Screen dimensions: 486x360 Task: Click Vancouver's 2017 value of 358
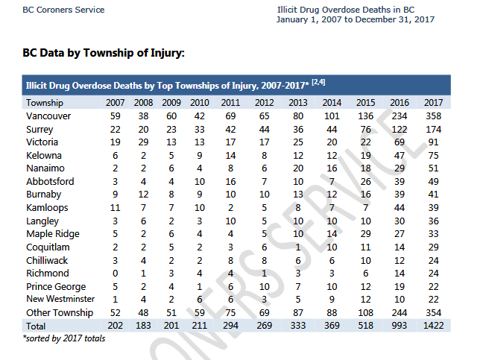point(433,116)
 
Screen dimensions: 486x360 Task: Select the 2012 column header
point(264,103)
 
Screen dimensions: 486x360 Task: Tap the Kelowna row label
point(44,155)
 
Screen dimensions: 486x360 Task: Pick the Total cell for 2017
point(433,326)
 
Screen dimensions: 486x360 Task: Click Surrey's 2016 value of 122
point(400,129)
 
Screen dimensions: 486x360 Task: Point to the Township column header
point(45,103)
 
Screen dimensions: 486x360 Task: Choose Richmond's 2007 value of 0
point(115,274)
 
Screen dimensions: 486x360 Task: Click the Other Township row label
point(60,313)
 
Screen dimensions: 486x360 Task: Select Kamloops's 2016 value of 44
point(400,207)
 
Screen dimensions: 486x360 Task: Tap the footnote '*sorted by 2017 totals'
point(64,338)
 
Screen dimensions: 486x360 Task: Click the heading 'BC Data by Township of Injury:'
point(104,53)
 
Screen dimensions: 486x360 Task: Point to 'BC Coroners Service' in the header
point(63,10)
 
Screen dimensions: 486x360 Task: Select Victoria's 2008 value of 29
point(143,142)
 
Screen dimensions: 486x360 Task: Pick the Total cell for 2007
point(115,326)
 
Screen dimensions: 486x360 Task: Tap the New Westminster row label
point(60,299)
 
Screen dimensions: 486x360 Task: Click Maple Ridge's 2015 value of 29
point(366,233)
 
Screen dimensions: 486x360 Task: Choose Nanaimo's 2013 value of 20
point(298,168)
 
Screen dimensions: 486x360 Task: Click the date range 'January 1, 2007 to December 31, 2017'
point(356,19)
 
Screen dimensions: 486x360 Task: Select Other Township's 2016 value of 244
point(400,313)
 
